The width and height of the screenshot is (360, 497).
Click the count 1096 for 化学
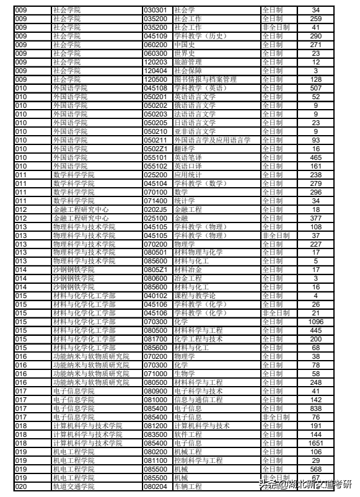(x=315, y=322)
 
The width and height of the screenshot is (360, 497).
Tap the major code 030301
(x=155, y=10)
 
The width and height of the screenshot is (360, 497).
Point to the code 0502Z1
(x=155, y=149)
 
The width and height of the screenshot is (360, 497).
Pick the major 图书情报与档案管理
(x=204, y=79)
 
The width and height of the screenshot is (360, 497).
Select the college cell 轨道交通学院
(x=74, y=486)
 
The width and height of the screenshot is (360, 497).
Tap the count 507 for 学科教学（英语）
(x=315, y=88)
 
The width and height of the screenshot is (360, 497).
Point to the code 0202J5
(x=155, y=209)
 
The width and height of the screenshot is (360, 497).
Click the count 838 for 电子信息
(x=315, y=408)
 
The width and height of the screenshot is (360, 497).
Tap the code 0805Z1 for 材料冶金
(x=155, y=270)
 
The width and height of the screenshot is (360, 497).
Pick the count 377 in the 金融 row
(x=315, y=218)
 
